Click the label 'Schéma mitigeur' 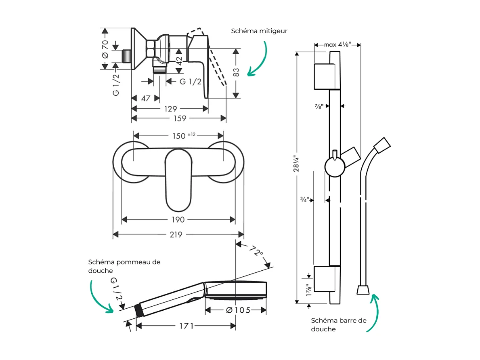pos(259,31)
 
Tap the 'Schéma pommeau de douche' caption pos(124,266)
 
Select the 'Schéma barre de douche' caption pos(339,324)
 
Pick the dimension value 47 pos(146,98)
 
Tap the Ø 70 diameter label pos(105,49)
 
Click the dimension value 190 pos(178,219)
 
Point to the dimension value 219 pos(176,234)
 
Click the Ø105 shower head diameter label pos(238,310)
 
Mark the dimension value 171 pos(186,326)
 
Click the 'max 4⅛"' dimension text pos(337,44)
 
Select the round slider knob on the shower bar pos(335,167)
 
